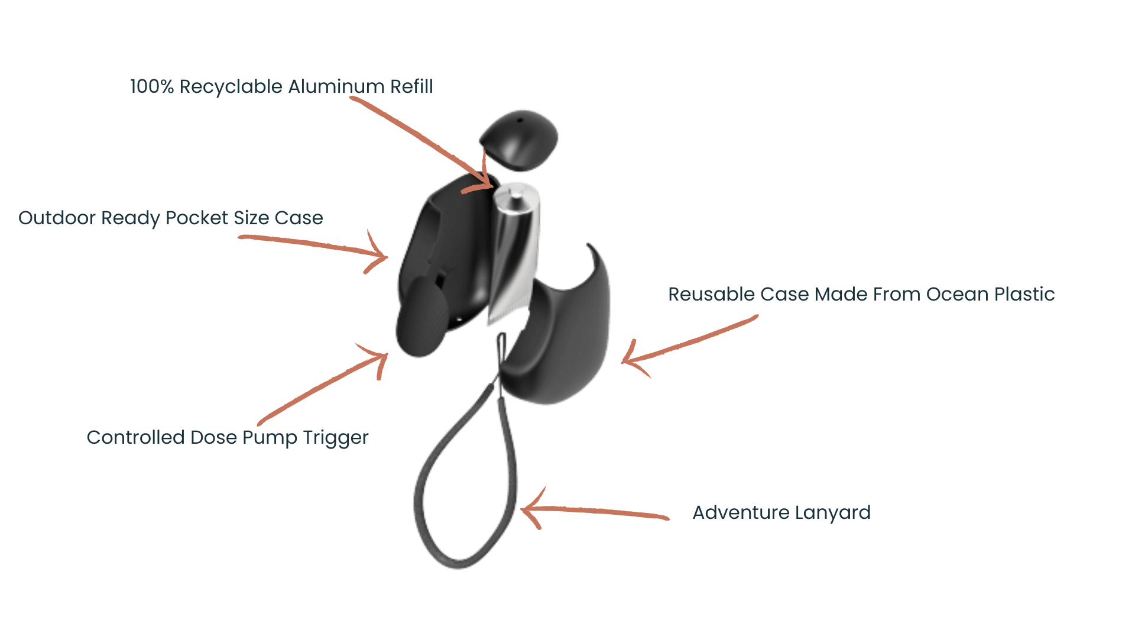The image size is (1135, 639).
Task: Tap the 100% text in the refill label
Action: (x=152, y=86)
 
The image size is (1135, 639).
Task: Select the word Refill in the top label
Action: (x=411, y=86)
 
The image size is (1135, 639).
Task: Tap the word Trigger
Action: (x=336, y=438)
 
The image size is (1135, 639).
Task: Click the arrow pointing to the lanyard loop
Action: (x=595, y=509)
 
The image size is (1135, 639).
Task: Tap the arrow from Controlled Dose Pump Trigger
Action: (x=323, y=384)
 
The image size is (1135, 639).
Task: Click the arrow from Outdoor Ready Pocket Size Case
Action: (x=313, y=248)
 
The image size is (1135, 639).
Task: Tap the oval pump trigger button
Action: (x=421, y=317)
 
